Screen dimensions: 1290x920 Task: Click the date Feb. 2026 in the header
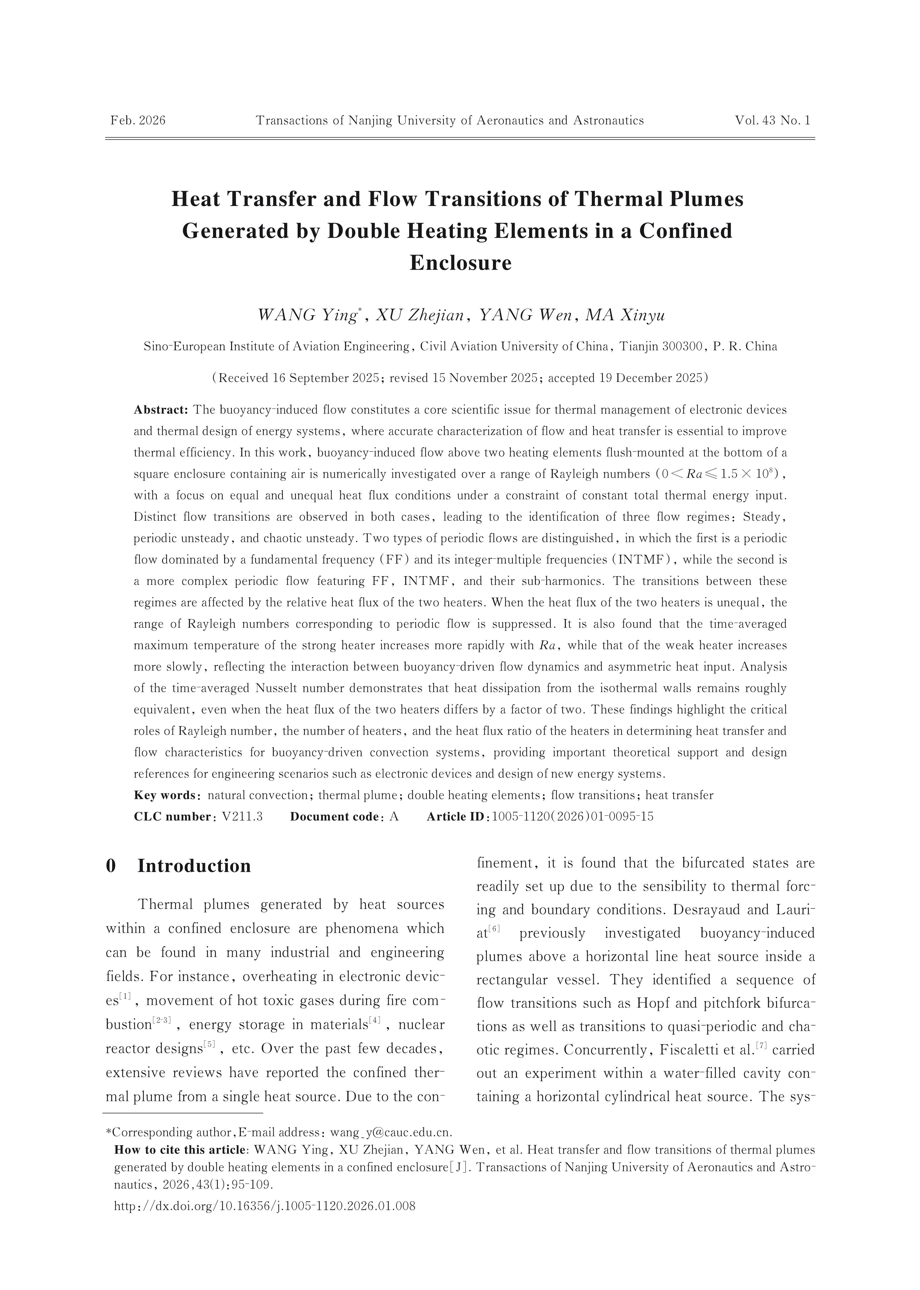138,120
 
